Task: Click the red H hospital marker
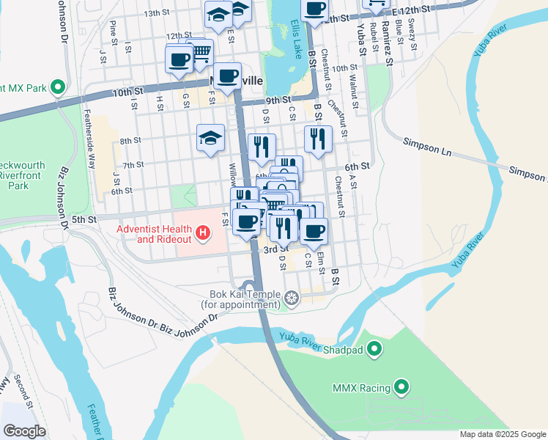(203, 235)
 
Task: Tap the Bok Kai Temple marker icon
(292, 298)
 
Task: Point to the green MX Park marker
(58, 88)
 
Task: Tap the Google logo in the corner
(24, 430)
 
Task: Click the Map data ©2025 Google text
(502, 434)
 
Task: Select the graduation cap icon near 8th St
(210, 138)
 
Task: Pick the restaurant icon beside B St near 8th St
(317, 137)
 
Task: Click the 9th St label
(278, 100)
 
